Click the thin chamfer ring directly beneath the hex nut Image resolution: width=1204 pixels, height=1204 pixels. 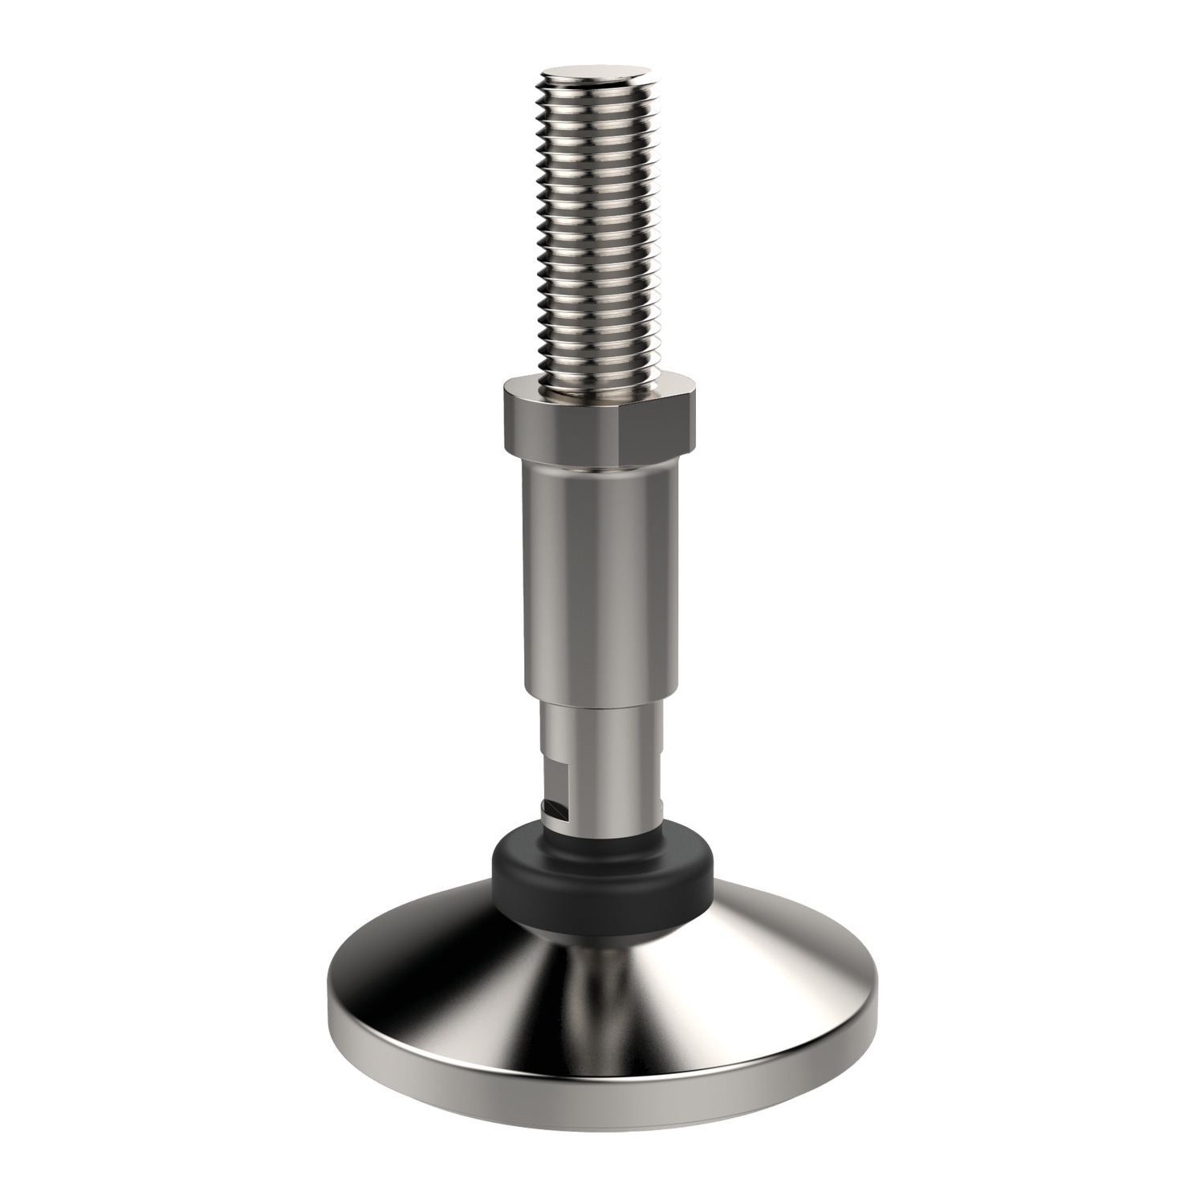pos(598,462)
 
